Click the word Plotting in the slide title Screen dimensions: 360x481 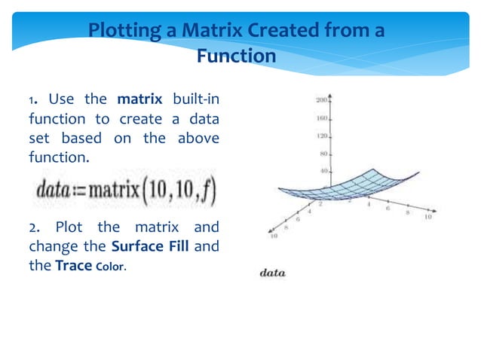pyautogui.click(x=124, y=31)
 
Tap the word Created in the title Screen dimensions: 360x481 pyautogui.click(x=262, y=31)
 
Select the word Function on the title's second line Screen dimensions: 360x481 pyautogui.click(x=236, y=56)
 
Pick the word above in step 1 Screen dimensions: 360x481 pyautogui.click(x=198, y=139)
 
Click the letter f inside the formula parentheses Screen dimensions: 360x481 pyautogui.click(x=209, y=188)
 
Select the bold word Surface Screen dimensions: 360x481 pyautogui.click(x=136, y=246)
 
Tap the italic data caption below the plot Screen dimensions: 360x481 pyautogui.click(x=272, y=273)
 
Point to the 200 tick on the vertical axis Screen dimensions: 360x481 pyautogui.click(x=320, y=99)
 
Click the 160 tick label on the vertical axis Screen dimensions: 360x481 pyautogui.click(x=320, y=118)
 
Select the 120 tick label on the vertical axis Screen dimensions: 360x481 pyautogui.click(x=320, y=136)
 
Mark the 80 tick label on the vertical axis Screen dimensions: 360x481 pyautogui.click(x=323, y=154)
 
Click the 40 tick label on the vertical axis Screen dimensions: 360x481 pyautogui.click(x=323, y=172)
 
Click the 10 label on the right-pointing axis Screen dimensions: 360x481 pyautogui.click(x=428, y=218)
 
